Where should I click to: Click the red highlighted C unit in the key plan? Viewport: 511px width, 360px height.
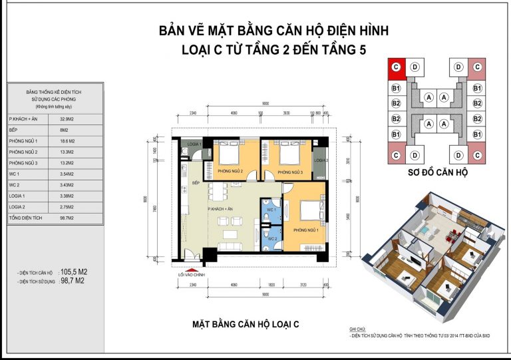click(396, 67)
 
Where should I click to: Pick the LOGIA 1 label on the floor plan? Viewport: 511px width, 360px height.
click(194, 144)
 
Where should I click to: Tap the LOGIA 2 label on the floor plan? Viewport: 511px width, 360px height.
click(321, 160)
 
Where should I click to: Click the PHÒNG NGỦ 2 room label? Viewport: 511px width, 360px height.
click(228, 172)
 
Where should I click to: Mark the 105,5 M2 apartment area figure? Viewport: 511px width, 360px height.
click(75, 272)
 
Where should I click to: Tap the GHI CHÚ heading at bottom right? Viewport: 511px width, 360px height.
click(358, 330)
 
